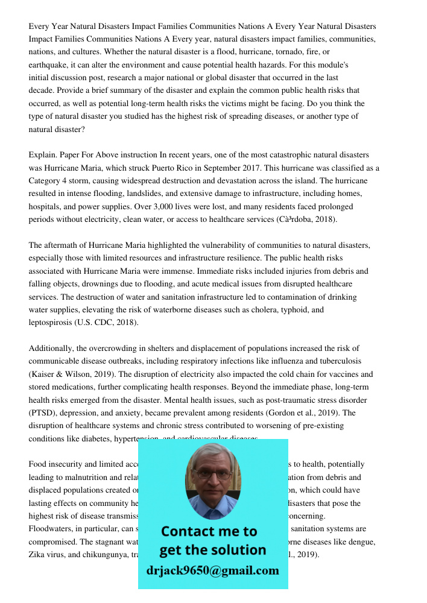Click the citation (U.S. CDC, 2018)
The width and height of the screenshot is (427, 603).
pos(106,323)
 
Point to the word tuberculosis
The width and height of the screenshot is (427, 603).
pos(336,361)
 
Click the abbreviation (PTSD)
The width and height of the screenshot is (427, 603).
pos(42,413)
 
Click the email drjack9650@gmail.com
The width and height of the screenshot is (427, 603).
pos(212,570)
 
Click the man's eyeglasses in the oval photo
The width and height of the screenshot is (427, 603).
pos(212,474)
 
